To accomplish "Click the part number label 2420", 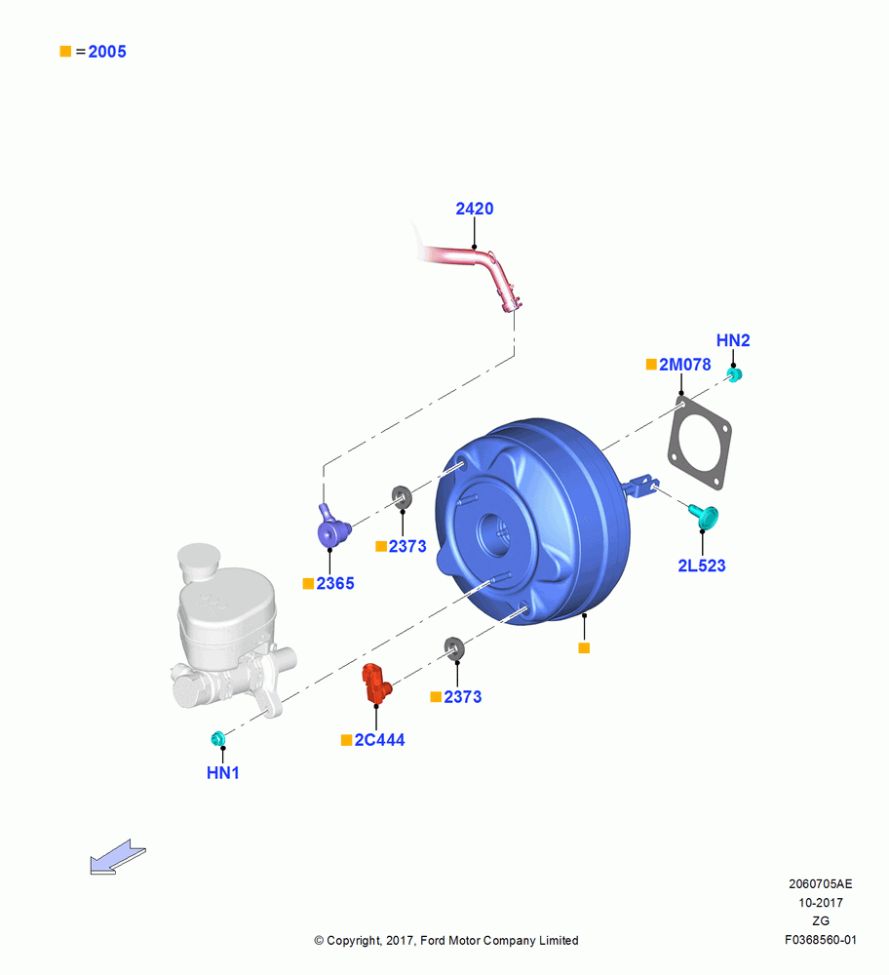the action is coord(475,209).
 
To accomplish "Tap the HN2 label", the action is coord(733,340).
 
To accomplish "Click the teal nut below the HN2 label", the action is coord(735,374).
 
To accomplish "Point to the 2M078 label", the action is coord(684,365).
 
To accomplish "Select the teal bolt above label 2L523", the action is coord(704,516).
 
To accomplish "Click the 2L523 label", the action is coord(701,565).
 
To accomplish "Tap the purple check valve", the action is coord(333,527).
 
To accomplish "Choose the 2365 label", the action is coord(335,584).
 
